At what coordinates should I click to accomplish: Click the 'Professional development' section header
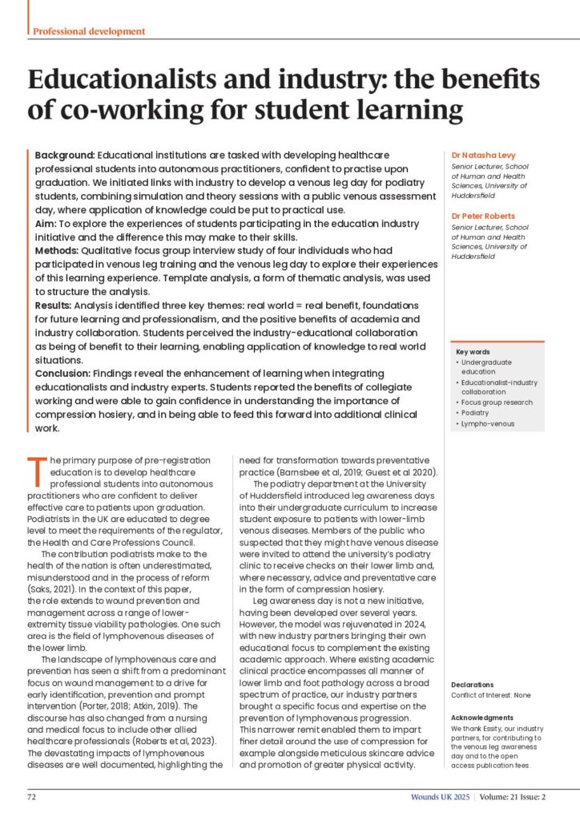(89, 31)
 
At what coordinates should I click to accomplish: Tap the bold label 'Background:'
(66, 153)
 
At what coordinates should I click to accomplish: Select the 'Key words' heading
(473, 352)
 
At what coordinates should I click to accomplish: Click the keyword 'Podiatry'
(478, 412)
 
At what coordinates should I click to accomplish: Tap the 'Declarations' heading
(473, 684)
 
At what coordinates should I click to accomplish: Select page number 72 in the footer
(32, 798)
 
